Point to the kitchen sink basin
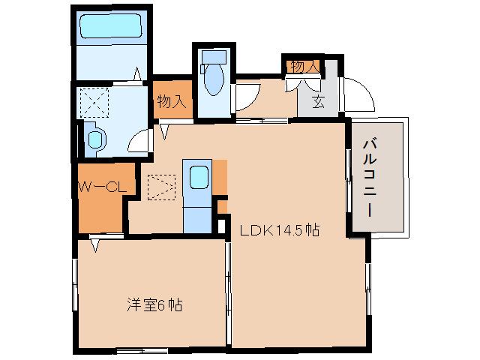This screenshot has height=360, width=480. [198, 177]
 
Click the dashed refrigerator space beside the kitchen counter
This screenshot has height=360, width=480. [160, 187]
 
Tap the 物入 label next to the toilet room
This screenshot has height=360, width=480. [171, 100]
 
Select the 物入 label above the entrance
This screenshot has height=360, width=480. [303, 67]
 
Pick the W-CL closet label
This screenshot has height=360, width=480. [102, 187]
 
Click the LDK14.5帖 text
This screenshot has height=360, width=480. [280, 230]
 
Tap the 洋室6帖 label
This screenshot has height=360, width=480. [154, 305]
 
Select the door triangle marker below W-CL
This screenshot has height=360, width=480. [96, 244]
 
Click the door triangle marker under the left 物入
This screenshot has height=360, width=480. [164, 133]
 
